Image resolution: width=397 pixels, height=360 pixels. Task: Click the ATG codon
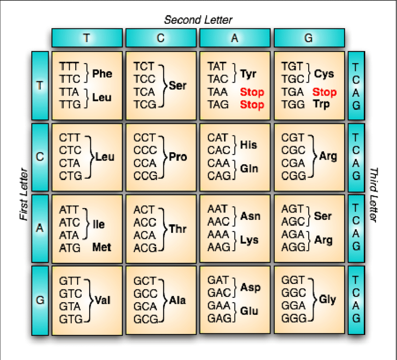pos(70,247)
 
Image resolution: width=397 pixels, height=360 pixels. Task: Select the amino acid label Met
pos(101,247)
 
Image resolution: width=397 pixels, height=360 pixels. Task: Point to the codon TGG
pos(292,104)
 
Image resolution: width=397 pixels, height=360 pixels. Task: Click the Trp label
pos(322,104)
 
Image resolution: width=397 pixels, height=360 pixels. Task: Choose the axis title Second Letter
pos(198,20)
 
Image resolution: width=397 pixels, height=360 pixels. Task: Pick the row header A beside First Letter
pos(40,228)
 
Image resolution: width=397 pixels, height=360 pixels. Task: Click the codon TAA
pos(218,92)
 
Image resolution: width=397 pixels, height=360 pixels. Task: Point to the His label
pos(248,144)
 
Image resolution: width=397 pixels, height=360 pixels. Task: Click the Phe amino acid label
pos(102,73)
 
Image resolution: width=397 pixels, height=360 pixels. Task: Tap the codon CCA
pos(144,163)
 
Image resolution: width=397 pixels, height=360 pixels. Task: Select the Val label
pos(102,300)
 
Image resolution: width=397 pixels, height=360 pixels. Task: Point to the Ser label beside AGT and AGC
pos(323,216)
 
